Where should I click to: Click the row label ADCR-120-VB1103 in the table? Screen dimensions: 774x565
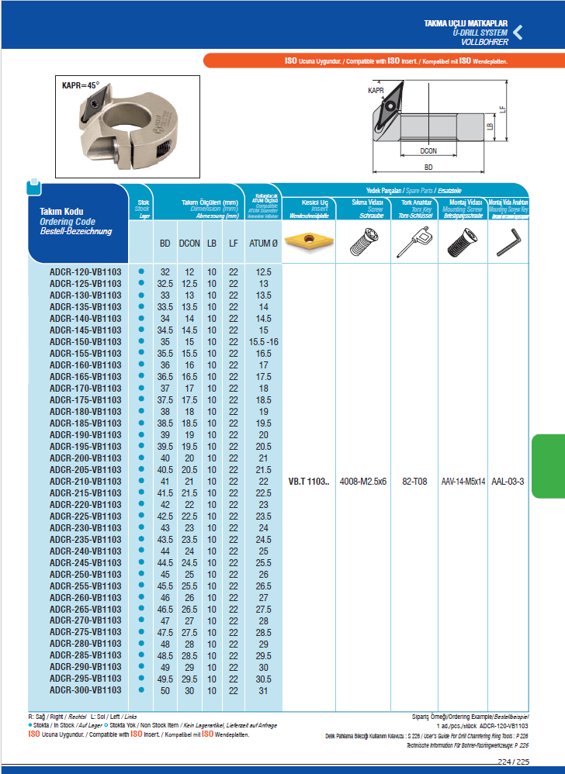(x=85, y=272)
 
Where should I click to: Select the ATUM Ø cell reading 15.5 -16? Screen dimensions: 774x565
(x=263, y=342)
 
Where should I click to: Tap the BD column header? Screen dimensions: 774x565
(x=165, y=244)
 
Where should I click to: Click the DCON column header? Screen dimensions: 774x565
(x=189, y=244)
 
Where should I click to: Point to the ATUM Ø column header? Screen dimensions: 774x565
(x=263, y=244)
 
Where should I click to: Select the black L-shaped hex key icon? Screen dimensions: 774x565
(x=508, y=241)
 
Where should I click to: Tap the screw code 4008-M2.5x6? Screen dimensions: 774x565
(x=363, y=482)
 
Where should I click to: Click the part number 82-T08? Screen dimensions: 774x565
(x=414, y=482)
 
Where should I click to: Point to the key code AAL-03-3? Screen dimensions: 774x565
(x=509, y=482)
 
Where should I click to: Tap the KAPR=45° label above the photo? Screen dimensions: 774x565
(x=81, y=85)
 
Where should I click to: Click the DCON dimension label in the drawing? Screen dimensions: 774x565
(x=428, y=151)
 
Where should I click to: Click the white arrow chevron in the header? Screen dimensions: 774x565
(x=519, y=33)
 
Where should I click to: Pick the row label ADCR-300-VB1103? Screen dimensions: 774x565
(x=85, y=689)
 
